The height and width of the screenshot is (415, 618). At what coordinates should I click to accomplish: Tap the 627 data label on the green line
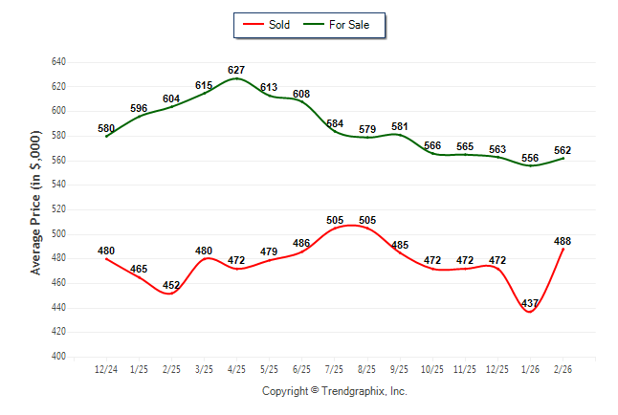click(236, 70)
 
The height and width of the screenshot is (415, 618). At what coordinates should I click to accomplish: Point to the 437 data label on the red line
click(530, 303)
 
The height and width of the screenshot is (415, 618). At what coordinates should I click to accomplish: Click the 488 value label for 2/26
click(563, 241)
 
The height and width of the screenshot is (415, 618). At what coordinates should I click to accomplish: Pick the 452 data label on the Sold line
click(171, 285)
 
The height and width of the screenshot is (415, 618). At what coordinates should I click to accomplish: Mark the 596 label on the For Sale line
click(139, 108)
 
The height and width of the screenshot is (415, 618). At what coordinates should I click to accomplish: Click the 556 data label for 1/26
click(530, 158)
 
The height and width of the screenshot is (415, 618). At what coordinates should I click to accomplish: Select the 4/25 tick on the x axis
click(237, 368)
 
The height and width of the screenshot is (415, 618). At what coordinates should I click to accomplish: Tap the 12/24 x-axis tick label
click(106, 368)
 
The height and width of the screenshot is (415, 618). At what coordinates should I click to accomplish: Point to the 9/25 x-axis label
click(400, 368)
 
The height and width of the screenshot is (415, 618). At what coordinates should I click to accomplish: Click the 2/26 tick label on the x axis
click(563, 368)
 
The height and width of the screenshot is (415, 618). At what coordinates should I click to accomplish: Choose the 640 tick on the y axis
click(58, 62)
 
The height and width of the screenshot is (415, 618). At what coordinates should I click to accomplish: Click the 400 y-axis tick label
click(58, 357)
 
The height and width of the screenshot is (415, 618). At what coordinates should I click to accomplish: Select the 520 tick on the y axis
click(58, 209)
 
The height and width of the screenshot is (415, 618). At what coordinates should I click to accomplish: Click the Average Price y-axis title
click(35, 209)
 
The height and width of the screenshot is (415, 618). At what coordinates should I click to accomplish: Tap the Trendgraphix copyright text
click(335, 391)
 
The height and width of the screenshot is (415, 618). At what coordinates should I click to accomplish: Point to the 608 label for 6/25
click(301, 94)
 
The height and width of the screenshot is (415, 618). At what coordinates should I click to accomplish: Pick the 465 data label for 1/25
click(139, 269)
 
